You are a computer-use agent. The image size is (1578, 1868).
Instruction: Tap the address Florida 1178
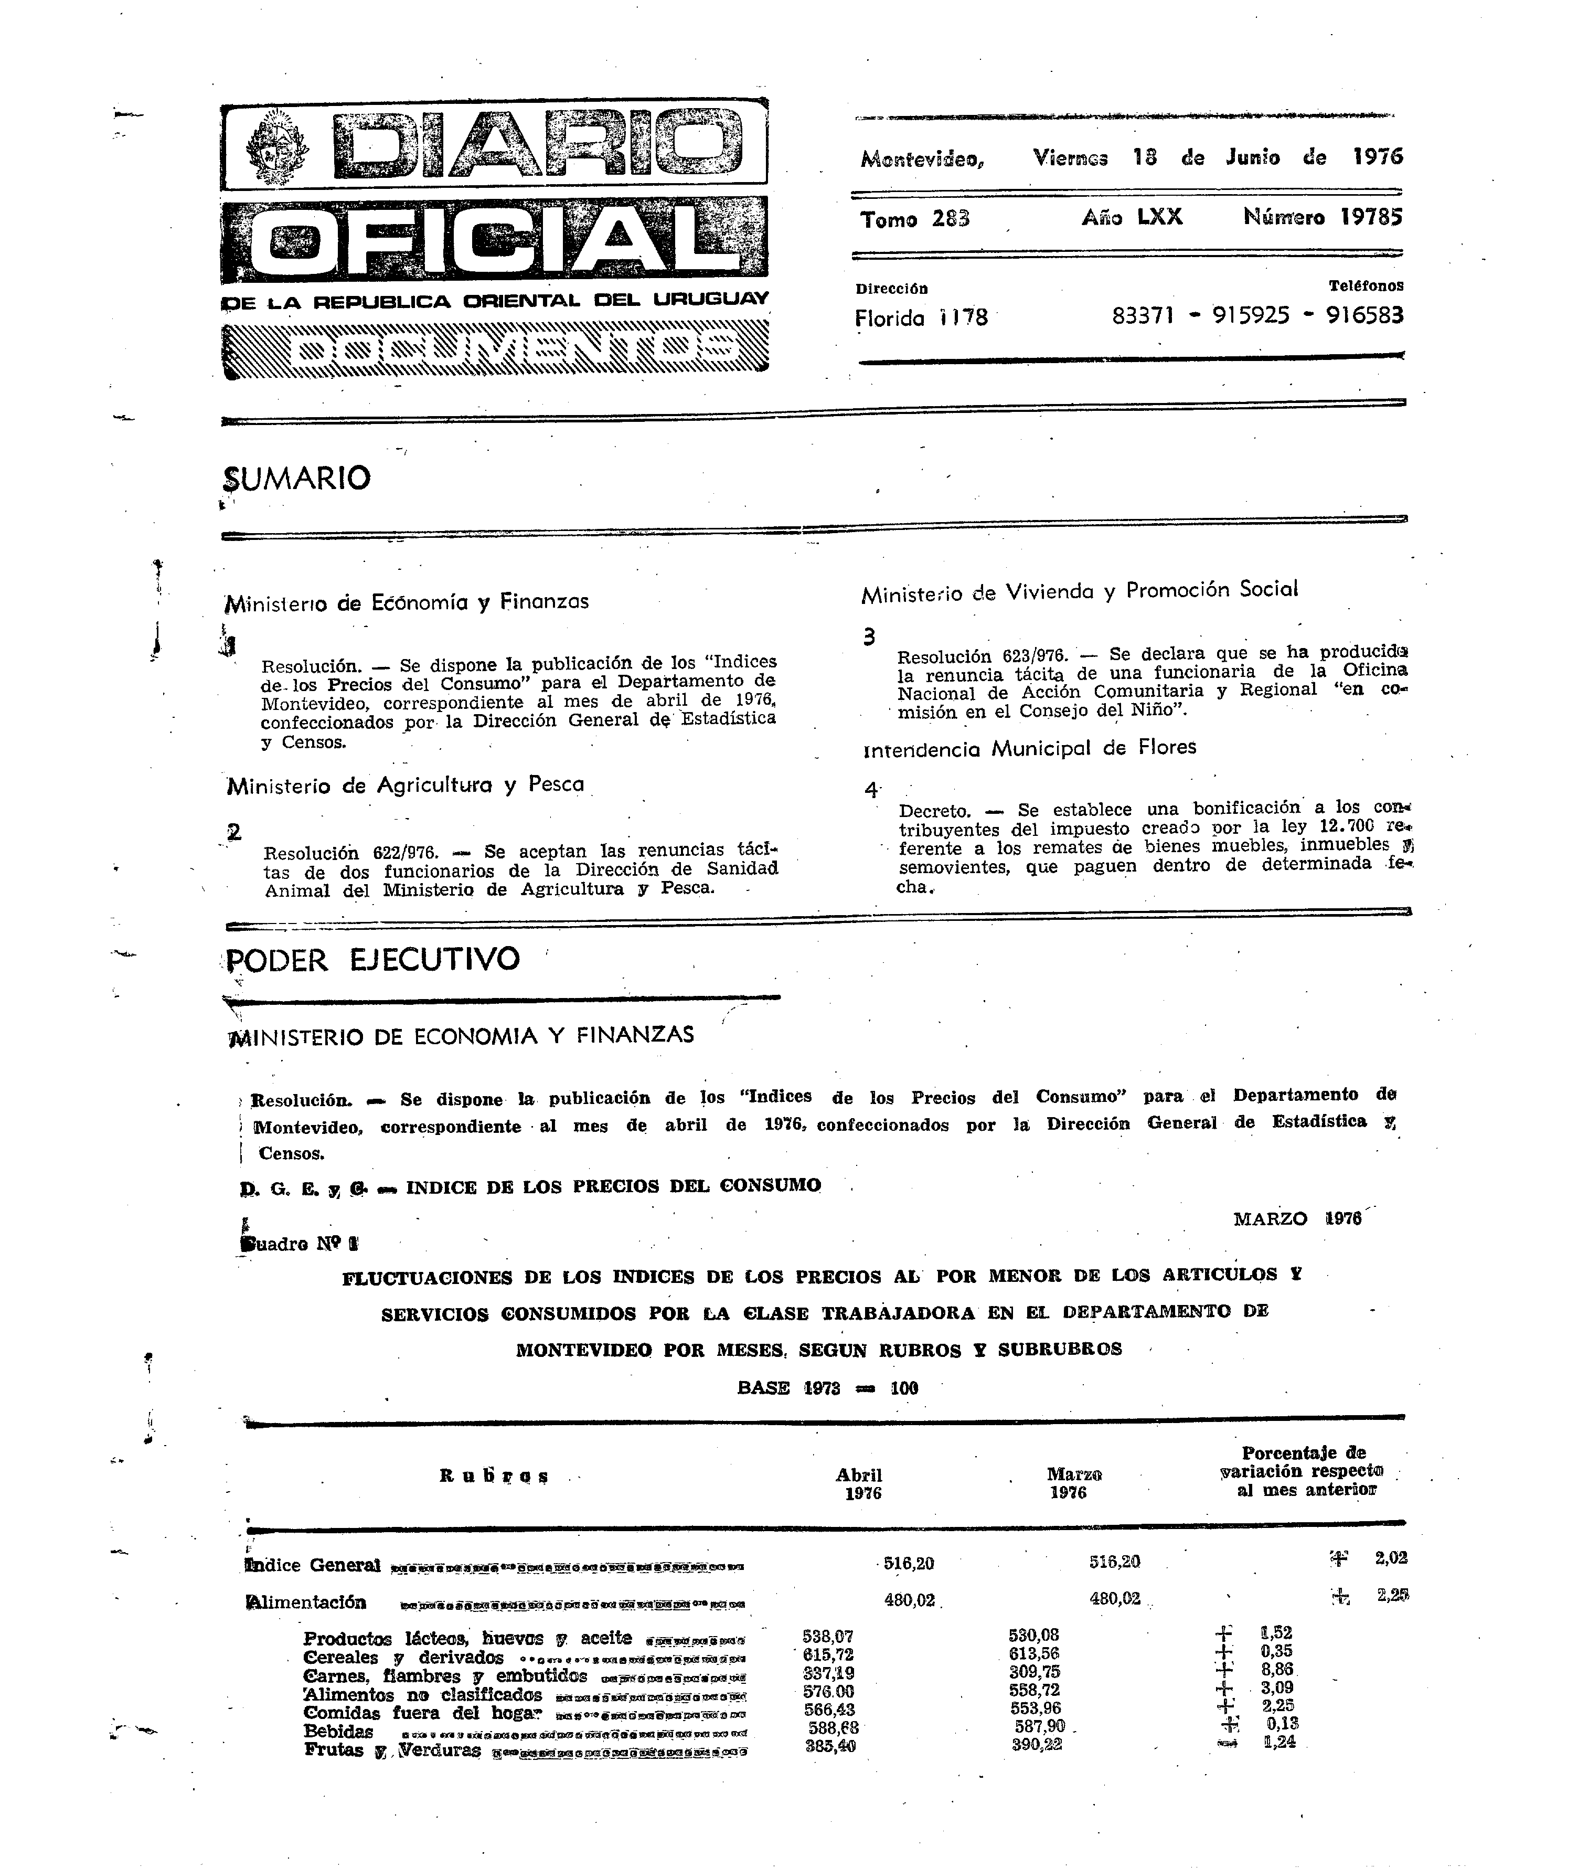click(x=921, y=317)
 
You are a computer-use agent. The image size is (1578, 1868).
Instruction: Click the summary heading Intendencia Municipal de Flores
click(x=1030, y=748)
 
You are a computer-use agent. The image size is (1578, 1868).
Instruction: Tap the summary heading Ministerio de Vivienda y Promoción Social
click(x=1079, y=591)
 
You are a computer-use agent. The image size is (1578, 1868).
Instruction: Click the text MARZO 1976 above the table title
click(x=1296, y=1218)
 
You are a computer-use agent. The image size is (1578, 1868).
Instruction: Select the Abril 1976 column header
click(x=860, y=1483)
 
